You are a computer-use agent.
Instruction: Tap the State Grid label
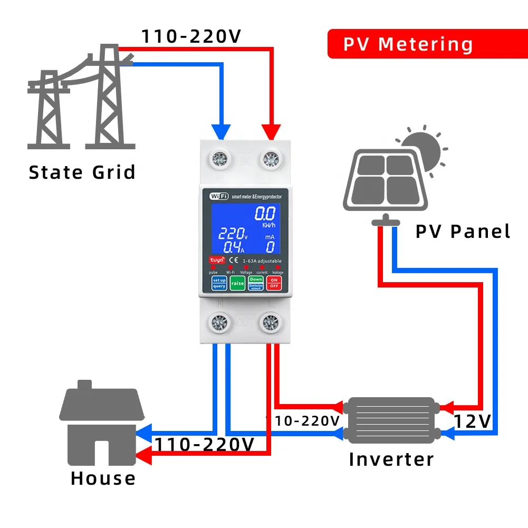point(82,172)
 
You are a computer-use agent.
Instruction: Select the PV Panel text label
point(463,232)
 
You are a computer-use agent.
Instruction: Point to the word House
point(103,478)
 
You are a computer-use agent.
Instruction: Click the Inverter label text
point(391,459)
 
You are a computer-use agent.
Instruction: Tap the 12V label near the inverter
point(473,421)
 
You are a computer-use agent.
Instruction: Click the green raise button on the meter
point(237,283)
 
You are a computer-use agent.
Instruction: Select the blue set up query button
point(219,283)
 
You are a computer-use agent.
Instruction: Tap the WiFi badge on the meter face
point(219,196)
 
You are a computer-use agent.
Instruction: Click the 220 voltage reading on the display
point(231,234)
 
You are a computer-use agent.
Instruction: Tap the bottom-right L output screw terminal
point(271,322)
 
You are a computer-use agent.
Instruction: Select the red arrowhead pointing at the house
point(144,457)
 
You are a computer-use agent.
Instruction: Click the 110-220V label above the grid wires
point(191,36)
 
